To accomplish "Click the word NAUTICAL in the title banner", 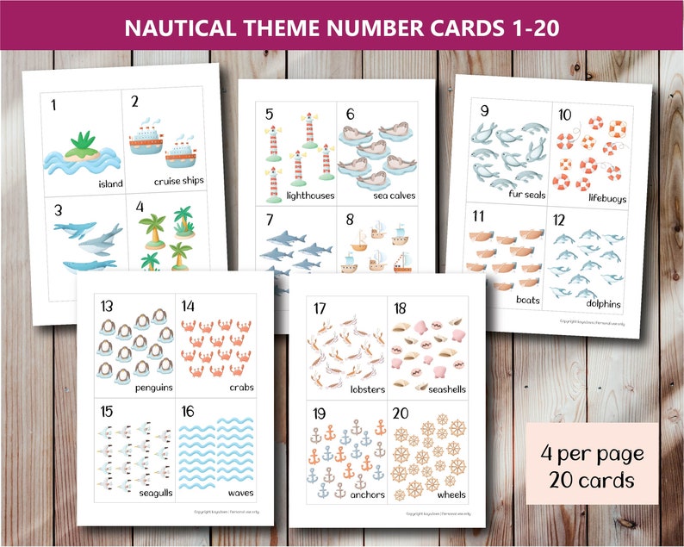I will coord(176,28).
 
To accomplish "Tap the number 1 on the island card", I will coord(53,105).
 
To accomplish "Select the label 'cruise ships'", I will coord(179,182).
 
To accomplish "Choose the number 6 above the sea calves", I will coord(351,114).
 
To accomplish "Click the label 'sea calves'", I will coord(395,196).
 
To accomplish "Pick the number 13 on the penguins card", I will coord(107,307).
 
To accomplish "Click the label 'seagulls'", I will coord(146,492).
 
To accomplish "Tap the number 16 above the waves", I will coord(188,411).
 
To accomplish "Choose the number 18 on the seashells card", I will coord(401,308).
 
